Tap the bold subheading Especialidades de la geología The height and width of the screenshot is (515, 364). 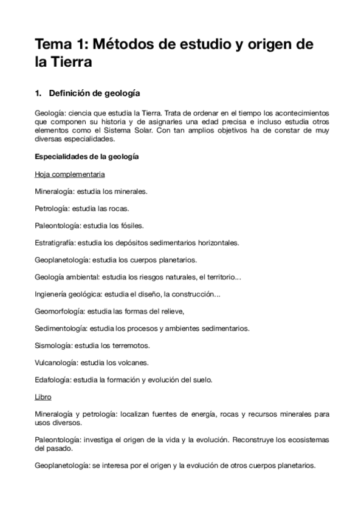[87, 157]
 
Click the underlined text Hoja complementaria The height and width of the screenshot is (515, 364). [70, 175]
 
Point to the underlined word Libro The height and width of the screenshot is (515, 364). [43, 397]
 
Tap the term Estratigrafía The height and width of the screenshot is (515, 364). [55, 242]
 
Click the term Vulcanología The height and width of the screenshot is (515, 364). [57, 363]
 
